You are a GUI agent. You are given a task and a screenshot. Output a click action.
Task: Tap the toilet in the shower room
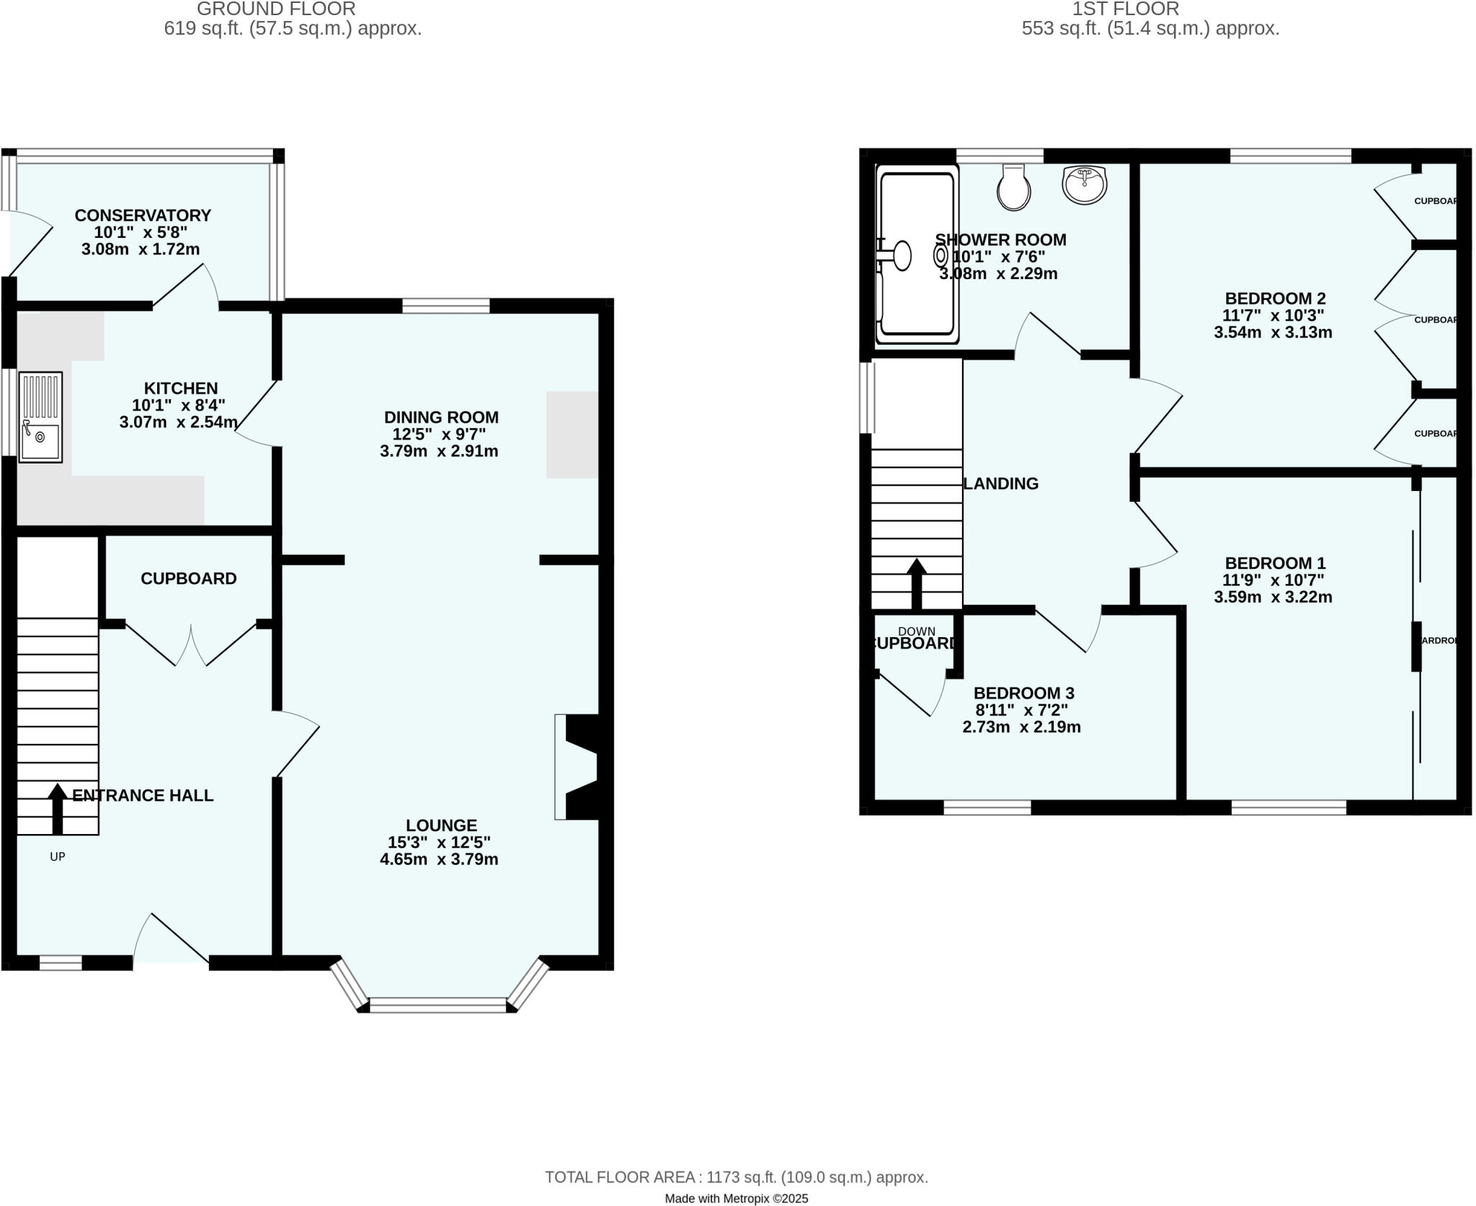point(1013,187)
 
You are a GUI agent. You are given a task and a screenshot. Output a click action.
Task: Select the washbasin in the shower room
point(1084,185)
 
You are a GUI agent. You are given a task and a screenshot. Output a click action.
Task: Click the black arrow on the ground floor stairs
point(56,808)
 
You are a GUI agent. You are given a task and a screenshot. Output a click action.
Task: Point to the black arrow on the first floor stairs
point(916,583)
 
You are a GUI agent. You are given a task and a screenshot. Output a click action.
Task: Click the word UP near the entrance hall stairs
point(58,856)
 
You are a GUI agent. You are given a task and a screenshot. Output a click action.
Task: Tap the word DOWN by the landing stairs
point(916,631)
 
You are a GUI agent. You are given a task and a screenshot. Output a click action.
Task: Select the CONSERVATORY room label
point(143,216)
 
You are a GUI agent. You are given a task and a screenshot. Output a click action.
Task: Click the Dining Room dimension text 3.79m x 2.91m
point(439,452)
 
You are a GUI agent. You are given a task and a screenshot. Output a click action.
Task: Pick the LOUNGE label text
point(441,825)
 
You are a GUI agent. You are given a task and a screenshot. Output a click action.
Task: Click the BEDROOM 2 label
point(1275,298)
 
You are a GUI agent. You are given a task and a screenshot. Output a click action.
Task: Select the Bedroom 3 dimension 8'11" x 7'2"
point(1021,710)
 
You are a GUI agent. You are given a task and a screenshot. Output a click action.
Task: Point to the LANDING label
point(1000,484)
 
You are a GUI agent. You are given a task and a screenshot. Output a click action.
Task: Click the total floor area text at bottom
point(736,1177)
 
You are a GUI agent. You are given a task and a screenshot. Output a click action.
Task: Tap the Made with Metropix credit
point(736,1199)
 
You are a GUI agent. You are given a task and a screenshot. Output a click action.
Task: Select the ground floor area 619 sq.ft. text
point(293,29)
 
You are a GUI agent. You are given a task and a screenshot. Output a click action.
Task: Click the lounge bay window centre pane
point(438,1005)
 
